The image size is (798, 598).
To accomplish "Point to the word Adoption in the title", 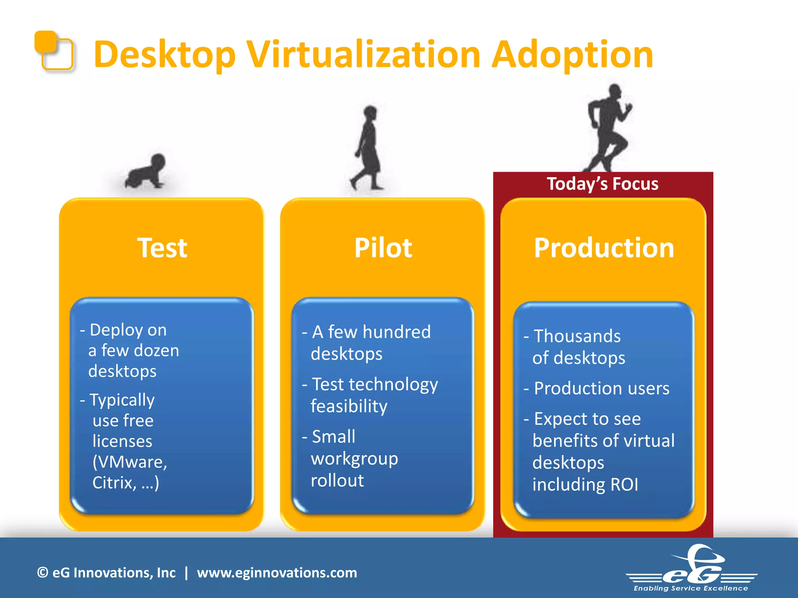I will click(x=572, y=55).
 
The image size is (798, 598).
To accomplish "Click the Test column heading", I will click(x=162, y=248).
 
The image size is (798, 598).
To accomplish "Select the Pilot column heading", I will click(x=383, y=248).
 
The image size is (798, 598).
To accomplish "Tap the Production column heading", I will click(x=604, y=248).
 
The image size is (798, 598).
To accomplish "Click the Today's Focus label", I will click(x=602, y=183).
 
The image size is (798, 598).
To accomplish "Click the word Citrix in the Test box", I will click(x=114, y=483).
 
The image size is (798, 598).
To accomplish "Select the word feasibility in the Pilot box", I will click(x=349, y=406).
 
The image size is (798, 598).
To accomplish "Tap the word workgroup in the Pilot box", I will click(x=355, y=459).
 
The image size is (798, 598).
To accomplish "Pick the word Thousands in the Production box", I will click(x=577, y=336).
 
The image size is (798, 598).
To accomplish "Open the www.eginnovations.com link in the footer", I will click(x=277, y=573).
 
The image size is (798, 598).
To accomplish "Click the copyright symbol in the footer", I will click(x=42, y=573).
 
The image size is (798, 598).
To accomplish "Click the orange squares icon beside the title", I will click(x=54, y=51).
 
